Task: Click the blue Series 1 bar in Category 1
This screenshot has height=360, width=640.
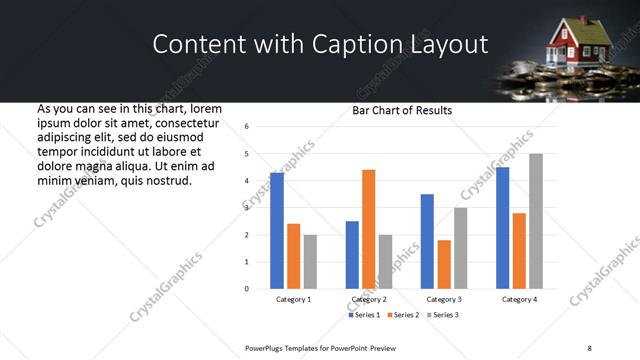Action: pos(277,231)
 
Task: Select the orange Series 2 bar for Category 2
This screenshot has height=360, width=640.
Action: pos(368,229)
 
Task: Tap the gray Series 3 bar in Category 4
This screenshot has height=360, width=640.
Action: pos(536,221)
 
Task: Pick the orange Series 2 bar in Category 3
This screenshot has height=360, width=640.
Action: pos(444,264)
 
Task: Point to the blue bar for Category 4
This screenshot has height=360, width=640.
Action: pos(503,228)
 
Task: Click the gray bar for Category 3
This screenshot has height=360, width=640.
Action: pos(461,248)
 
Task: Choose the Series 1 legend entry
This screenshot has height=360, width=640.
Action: pos(364,315)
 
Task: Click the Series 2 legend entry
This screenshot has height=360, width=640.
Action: pos(402,315)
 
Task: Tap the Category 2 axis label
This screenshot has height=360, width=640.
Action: pos(369,299)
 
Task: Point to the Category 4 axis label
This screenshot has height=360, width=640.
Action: pos(519,299)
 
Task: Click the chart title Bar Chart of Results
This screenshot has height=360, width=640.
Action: pos(402,110)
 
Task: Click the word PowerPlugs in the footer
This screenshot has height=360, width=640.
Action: pos(265,348)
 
